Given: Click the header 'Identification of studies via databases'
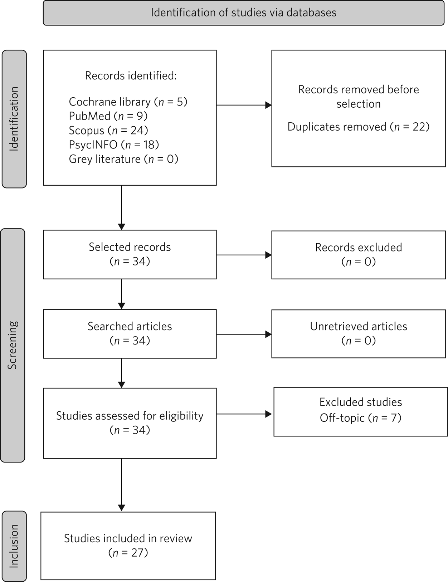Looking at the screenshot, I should tap(243, 13).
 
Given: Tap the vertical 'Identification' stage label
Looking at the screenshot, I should tap(14, 119).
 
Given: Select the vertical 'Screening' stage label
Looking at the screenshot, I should tap(13, 345).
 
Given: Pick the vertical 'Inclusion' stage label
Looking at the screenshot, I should tap(14, 546).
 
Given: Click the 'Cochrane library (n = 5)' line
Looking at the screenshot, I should tap(128, 102).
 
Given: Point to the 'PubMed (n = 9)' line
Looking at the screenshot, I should tap(108, 116).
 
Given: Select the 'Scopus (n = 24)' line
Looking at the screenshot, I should tap(108, 131).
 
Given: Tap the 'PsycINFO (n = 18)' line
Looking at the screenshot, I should tap(114, 145).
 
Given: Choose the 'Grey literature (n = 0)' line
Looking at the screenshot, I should tap(123, 159).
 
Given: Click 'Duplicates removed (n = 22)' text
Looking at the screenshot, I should tap(358, 127).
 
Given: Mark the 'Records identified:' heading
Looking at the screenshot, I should tap(131, 76).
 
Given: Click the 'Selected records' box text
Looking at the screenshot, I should tap(130, 247).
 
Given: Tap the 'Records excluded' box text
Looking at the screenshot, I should tap(358, 248).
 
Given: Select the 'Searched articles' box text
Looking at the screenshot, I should tap(130, 326).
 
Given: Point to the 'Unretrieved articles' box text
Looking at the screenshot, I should tap(358, 326).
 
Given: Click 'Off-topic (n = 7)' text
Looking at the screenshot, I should tap(360, 418).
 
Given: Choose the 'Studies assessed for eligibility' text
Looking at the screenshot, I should tap(130, 416).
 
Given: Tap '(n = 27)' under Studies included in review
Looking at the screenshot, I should tap(128, 553).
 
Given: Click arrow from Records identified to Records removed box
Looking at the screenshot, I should tap(244, 105).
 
